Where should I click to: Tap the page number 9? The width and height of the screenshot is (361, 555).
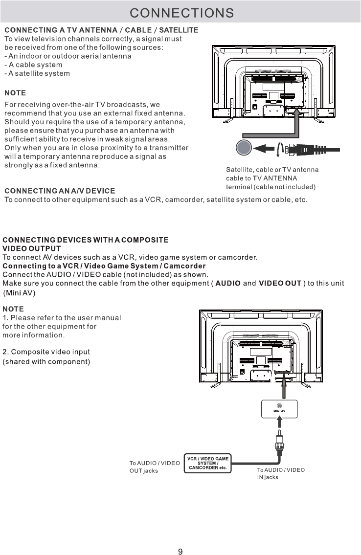click(x=180, y=538)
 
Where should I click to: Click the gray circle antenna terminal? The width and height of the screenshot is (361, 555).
click(x=243, y=148)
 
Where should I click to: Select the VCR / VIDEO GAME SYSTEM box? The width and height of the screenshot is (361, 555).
click(x=208, y=463)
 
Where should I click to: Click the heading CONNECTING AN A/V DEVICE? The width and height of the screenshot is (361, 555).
click(x=60, y=190)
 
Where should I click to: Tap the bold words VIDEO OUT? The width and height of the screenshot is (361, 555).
click(x=280, y=284)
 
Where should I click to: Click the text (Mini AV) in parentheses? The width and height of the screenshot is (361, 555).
click(x=20, y=293)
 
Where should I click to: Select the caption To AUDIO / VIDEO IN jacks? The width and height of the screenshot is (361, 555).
click(x=281, y=473)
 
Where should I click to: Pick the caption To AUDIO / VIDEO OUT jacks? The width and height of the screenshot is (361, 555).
click(x=154, y=467)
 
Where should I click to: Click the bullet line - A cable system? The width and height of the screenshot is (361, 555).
click(x=33, y=65)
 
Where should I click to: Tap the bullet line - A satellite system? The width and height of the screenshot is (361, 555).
click(x=37, y=73)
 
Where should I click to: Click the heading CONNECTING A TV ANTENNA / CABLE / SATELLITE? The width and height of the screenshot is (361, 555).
click(x=101, y=30)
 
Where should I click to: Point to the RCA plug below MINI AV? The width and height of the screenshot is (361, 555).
click(x=279, y=439)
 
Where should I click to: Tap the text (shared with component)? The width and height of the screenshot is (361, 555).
click(x=47, y=361)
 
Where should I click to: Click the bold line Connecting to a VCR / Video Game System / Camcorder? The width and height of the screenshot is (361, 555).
click(x=104, y=266)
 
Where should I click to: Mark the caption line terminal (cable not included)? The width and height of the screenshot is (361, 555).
click(x=271, y=187)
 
